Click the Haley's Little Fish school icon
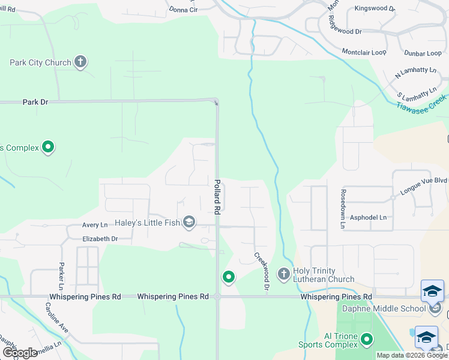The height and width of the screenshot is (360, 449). point(189,223)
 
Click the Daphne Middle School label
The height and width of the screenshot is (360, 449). point(391,308)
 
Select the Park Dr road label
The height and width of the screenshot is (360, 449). point(35,102)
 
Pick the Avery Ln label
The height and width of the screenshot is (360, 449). point(95,225)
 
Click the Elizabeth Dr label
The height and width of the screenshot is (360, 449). point(100,239)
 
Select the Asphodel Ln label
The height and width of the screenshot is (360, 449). point(368,217)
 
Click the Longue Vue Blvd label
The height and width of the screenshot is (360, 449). point(424,179)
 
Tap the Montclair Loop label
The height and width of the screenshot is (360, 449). point(364,53)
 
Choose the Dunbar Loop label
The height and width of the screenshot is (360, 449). point(423,53)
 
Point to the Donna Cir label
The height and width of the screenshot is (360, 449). point(183,10)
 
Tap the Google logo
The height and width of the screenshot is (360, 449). point(20,353)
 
